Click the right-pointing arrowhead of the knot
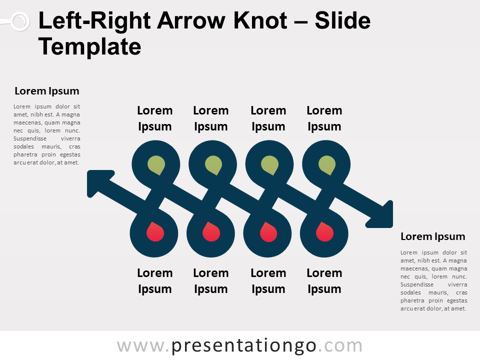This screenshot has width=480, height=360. click(383, 214)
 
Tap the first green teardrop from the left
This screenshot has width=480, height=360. click(156, 165)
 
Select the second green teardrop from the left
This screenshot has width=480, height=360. click(213, 165)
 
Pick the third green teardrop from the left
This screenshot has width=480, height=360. click(270, 165)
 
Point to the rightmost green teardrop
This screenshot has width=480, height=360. click(326, 165)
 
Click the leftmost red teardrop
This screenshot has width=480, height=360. click(154, 232)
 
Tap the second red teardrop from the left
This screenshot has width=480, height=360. click(211, 232)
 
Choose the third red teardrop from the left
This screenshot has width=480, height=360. click(268, 232)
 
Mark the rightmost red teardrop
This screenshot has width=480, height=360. click(324, 232)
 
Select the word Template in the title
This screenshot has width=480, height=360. click(90, 47)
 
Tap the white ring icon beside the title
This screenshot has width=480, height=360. click(19, 21)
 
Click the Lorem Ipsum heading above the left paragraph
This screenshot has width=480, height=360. click(47, 91)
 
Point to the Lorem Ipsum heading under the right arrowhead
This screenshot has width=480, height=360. click(433, 236)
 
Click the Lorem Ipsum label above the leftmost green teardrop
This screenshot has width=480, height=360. click(155, 118)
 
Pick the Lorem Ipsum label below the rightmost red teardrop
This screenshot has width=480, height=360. click(324, 281)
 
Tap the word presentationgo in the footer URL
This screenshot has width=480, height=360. click(244, 346)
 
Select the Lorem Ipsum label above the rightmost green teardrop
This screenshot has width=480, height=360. click(324, 118)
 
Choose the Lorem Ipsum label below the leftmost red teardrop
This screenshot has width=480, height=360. click(155, 281)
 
